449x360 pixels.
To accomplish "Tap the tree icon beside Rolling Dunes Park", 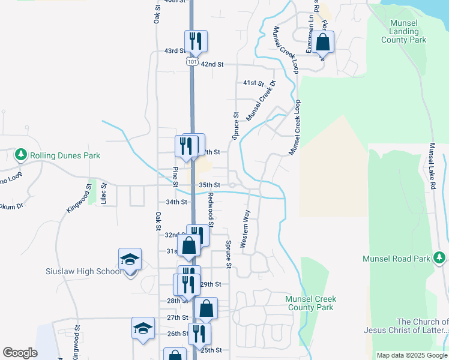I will pos(21,155).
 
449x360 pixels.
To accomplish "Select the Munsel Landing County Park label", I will pos(403,31).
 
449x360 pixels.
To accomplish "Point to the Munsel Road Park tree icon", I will pos(439,258).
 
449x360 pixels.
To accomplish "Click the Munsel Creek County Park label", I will pos(310,303).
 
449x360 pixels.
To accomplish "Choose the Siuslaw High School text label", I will pos(83,271).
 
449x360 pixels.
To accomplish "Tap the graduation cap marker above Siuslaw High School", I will pos(130,260).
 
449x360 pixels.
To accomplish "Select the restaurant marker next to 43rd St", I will pos(196,41).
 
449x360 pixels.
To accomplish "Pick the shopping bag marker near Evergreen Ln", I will pos(322,43).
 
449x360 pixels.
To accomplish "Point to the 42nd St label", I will pos(212,64).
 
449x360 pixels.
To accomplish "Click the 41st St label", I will pos(253,82).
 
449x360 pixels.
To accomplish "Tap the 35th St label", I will pos(209,185).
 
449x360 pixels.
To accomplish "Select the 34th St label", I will pos(176,202).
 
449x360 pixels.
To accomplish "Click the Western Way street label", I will pos(245,229).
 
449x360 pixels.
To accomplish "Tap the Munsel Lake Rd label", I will pos(432,167).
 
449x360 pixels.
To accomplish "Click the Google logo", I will pos(20,353).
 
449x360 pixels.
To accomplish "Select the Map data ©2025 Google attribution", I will pos(411,355).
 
